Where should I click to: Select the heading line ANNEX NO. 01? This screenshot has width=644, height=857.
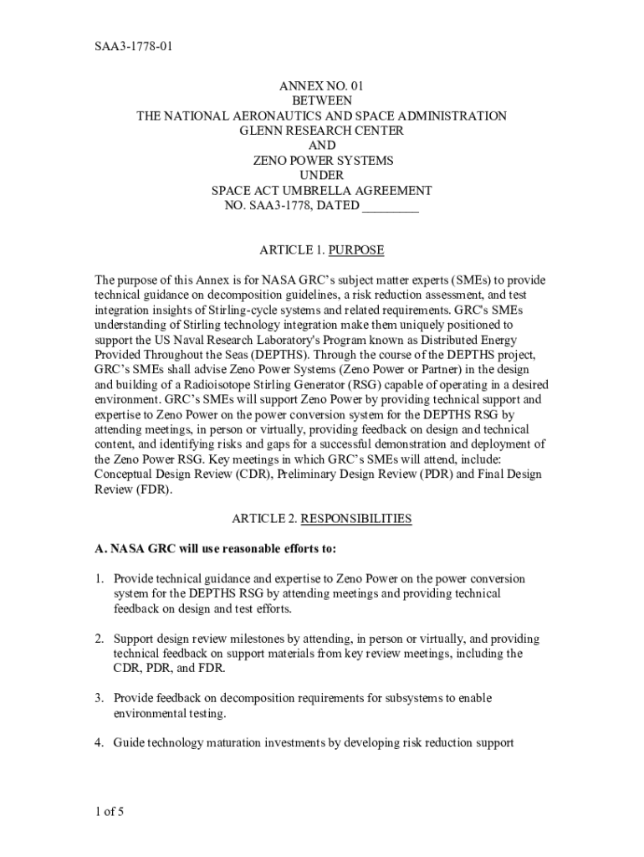tap(322, 85)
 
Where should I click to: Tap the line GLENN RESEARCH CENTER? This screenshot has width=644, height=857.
tap(322, 131)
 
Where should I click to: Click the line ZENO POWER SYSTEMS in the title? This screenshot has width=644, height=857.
tap(322, 161)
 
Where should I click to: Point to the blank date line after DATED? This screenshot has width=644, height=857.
tap(390, 206)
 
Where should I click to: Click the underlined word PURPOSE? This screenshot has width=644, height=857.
tap(356, 250)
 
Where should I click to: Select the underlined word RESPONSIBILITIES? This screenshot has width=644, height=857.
tap(356, 519)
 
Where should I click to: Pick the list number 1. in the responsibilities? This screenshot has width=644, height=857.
tap(99, 578)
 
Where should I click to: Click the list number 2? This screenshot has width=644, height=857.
tap(99, 639)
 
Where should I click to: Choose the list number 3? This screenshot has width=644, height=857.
tap(99, 698)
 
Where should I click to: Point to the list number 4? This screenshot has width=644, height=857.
tap(99, 742)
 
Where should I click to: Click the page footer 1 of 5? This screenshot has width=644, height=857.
tap(110, 811)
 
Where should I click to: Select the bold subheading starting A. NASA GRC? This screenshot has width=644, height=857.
tap(216, 549)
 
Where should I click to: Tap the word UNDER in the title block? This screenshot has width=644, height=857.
tap(322, 176)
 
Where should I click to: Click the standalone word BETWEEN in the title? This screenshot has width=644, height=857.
tap(322, 100)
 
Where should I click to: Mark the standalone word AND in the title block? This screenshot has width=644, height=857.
tap(322, 146)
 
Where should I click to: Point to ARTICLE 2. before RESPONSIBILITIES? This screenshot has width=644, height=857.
tap(263, 519)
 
